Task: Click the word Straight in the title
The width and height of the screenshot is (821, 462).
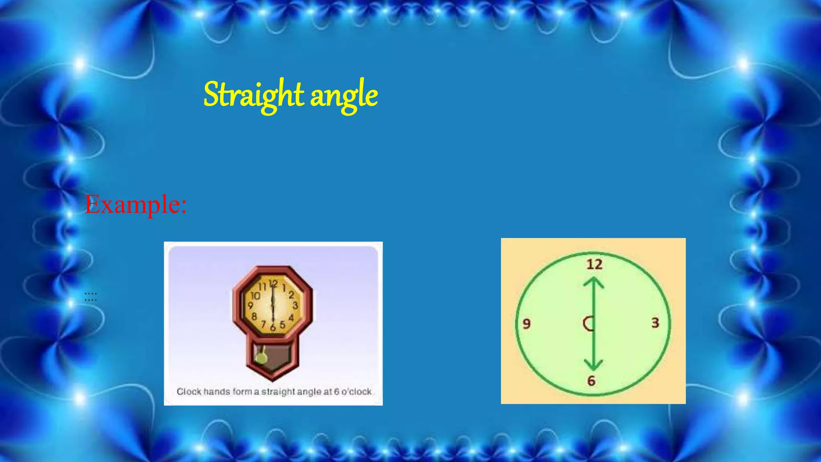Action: (x=253, y=95)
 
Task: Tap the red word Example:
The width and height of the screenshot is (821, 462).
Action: (x=135, y=205)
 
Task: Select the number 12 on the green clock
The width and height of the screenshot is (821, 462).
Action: (x=594, y=264)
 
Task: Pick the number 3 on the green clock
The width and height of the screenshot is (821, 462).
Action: (x=655, y=323)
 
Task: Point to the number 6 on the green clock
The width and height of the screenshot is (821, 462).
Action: (x=591, y=381)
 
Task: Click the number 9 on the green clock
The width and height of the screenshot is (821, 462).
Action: (x=527, y=324)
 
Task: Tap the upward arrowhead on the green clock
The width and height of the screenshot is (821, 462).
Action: (x=593, y=283)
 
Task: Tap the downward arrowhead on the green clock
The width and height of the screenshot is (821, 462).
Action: (x=593, y=364)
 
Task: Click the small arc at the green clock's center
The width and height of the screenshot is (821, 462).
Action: (x=588, y=323)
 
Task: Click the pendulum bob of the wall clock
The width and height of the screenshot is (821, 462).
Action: (x=261, y=358)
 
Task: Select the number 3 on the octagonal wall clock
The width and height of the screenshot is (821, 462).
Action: (x=295, y=306)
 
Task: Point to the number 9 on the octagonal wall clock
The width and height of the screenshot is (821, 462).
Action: (x=251, y=306)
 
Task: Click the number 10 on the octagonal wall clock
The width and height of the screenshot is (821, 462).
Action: (x=255, y=296)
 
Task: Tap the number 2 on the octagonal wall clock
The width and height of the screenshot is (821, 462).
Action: (x=291, y=295)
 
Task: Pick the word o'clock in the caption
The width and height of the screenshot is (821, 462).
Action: (x=356, y=391)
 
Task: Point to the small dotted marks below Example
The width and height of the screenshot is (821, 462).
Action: (x=91, y=297)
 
